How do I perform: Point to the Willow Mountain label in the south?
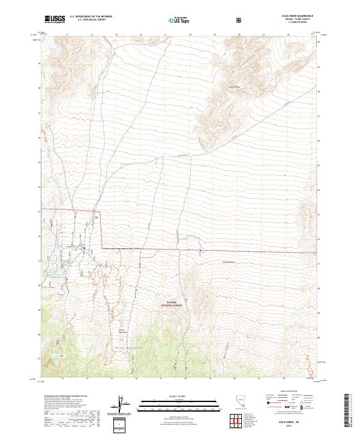[x=124, y=330]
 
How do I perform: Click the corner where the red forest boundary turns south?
[x=100, y=212]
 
